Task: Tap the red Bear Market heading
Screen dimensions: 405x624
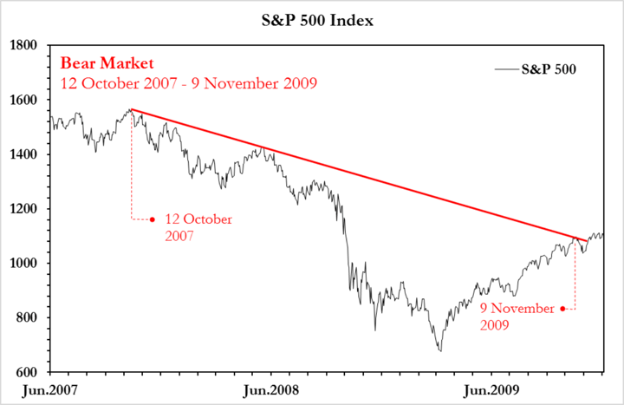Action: click(x=107, y=63)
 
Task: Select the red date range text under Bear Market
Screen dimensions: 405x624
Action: click(x=188, y=83)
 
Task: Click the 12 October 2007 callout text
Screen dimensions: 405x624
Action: click(x=197, y=227)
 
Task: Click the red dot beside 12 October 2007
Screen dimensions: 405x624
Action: click(x=153, y=219)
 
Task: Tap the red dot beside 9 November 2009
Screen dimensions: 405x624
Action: click(x=562, y=309)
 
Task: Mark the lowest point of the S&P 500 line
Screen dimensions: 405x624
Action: click(x=440, y=350)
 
